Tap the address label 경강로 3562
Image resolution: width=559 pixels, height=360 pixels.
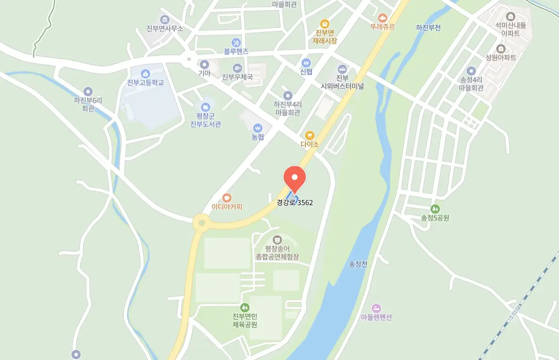pos(295,203)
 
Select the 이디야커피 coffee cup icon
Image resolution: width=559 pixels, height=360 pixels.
pos(227,198)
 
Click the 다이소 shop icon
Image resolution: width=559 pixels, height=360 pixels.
pos(310,136)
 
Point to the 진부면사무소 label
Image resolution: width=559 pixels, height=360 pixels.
pos(165,28)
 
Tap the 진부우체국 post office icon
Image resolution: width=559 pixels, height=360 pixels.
pos(238,68)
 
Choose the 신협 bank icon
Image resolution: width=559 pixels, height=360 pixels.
pos(306,63)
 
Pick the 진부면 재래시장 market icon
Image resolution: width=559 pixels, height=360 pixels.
pos(324,24)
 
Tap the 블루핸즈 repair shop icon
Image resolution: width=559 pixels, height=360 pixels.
pos(236,42)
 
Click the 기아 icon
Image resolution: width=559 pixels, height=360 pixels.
pos(204,64)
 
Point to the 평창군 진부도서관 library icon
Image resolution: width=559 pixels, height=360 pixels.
pos(205,107)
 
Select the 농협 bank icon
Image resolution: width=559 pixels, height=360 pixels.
pos(257,128)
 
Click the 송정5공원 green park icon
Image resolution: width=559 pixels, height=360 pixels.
pos(435,208)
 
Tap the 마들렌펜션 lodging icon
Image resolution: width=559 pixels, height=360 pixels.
pos(376,308)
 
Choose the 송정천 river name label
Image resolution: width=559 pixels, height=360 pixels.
pos(358,264)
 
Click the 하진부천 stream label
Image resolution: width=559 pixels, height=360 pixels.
pos(428,28)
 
